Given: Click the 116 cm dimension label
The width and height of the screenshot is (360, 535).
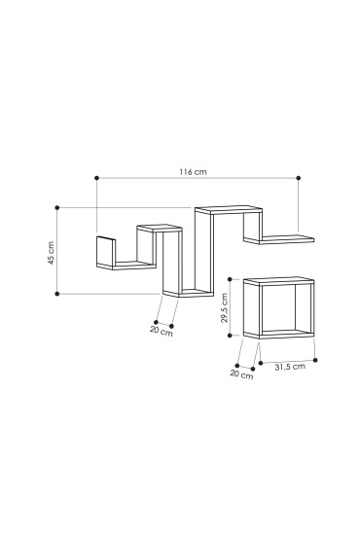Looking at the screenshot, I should (x=193, y=171).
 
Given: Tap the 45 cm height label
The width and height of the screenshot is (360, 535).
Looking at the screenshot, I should (x=51, y=250).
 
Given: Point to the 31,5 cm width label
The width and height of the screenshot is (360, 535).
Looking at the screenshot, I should (x=288, y=367).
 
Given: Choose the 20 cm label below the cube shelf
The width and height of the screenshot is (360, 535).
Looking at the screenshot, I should (x=241, y=375).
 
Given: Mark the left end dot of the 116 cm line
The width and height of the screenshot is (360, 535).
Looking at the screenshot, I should (x=96, y=178).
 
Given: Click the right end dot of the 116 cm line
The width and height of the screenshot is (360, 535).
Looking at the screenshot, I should (x=298, y=178).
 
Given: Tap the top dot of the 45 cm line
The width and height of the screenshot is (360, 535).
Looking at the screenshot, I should (x=57, y=207).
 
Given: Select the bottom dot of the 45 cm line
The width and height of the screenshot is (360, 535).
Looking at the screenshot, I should (x=57, y=292).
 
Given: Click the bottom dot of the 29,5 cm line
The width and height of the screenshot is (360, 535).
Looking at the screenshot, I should (x=232, y=335).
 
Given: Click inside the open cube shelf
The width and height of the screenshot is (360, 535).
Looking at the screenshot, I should (x=286, y=309).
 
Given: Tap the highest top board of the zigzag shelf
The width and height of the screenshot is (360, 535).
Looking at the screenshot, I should (x=230, y=209).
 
